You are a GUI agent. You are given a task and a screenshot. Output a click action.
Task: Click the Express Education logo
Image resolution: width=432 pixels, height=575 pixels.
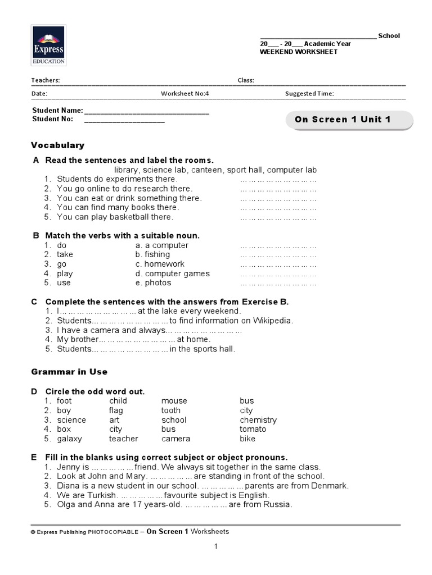(x=49, y=45)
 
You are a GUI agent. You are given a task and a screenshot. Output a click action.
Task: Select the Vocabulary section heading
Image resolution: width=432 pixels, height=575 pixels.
(x=57, y=145)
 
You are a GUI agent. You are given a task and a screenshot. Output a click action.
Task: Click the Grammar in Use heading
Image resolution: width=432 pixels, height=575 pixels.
(x=69, y=372)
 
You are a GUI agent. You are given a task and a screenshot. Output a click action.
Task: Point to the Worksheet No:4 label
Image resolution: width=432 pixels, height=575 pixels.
(x=185, y=94)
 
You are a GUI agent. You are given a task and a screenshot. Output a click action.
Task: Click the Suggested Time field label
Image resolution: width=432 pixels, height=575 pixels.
(x=309, y=94)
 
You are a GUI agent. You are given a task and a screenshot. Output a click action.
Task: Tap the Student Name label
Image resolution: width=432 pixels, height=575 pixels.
(x=57, y=111)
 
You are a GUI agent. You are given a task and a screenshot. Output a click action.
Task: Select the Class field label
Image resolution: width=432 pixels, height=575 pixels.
(x=246, y=80)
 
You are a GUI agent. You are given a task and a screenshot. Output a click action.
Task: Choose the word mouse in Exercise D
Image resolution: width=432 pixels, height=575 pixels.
(x=174, y=401)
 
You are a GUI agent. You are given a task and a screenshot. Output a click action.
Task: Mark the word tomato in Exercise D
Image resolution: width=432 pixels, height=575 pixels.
(x=253, y=429)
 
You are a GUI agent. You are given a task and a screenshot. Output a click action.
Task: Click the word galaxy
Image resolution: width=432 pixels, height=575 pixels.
(x=69, y=439)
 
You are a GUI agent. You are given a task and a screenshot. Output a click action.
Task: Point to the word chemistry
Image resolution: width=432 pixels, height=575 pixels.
(x=258, y=420)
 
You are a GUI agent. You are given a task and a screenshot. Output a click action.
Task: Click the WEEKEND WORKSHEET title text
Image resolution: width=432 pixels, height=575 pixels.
(x=298, y=52)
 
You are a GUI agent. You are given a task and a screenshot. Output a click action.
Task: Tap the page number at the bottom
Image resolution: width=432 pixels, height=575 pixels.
(x=215, y=546)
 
